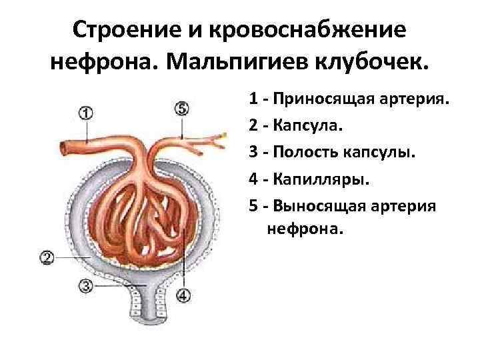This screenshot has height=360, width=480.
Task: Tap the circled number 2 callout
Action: point(47,257)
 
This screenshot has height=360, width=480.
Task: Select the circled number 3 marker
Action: point(85,286)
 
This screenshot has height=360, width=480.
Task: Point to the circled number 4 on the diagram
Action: point(183,294)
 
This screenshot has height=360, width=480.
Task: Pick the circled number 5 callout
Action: point(182,107)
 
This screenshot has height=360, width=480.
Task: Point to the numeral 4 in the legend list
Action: point(254,179)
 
